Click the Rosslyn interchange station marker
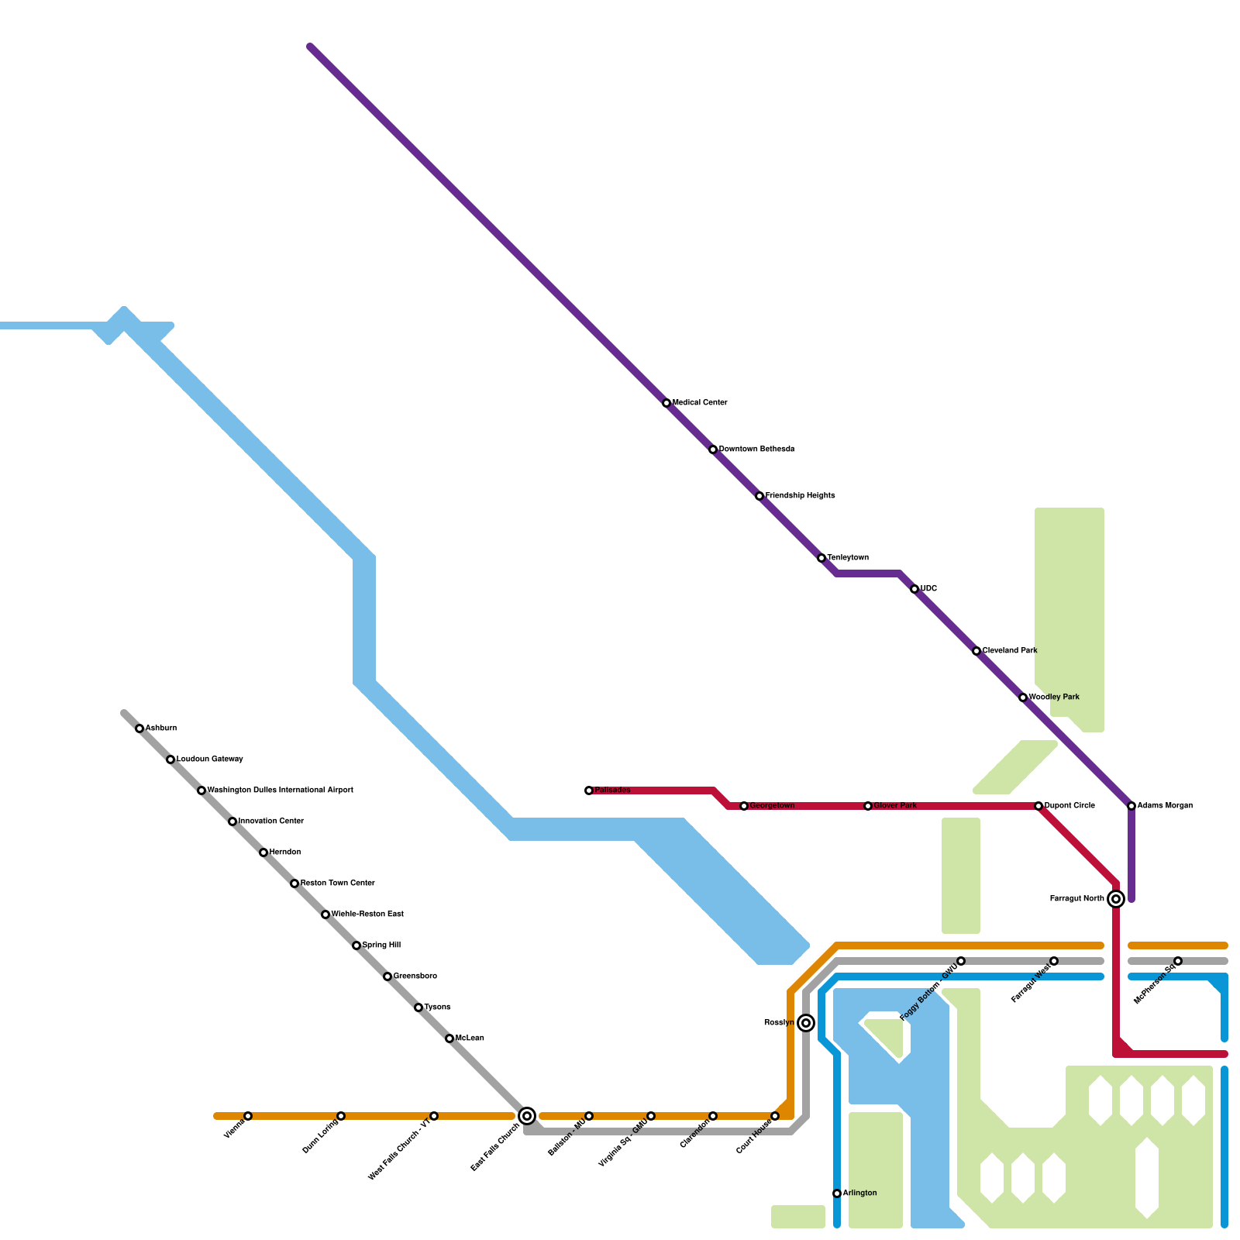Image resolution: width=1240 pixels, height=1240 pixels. [x=806, y=1023]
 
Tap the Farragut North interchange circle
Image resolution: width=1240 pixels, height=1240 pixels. [x=1116, y=899]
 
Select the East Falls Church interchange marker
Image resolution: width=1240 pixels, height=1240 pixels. [x=527, y=1116]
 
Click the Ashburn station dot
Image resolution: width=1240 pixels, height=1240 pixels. [x=139, y=728]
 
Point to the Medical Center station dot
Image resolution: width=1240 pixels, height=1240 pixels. [x=666, y=403]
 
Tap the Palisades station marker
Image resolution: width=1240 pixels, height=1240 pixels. [x=589, y=790]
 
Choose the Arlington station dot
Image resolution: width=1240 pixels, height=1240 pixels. [x=837, y=1193]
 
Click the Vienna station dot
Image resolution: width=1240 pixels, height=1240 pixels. [x=248, y=1116]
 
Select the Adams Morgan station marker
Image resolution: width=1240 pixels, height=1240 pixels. [x=1131, y=806]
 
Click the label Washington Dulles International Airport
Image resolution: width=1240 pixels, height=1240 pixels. [x=280, y=790]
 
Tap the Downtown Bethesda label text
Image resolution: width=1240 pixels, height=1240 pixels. [x=756, y=449]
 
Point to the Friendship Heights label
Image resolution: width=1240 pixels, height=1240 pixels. [x=800, y=496]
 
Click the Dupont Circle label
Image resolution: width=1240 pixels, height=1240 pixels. [x=1069, y=806]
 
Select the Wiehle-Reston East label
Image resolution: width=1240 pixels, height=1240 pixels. [x=367, y=914]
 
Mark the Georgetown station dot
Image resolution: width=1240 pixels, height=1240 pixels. [x=744, y=806]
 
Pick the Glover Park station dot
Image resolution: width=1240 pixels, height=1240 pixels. [x=868, y=806]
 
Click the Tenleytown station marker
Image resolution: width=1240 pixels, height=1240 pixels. [x=821, y=558]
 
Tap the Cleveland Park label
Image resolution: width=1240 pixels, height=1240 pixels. [x=1010, y=651]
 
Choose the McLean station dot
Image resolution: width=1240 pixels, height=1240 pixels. [x=449, y=1038]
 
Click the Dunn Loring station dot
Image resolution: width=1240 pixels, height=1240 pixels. [x=341, y=1116]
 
